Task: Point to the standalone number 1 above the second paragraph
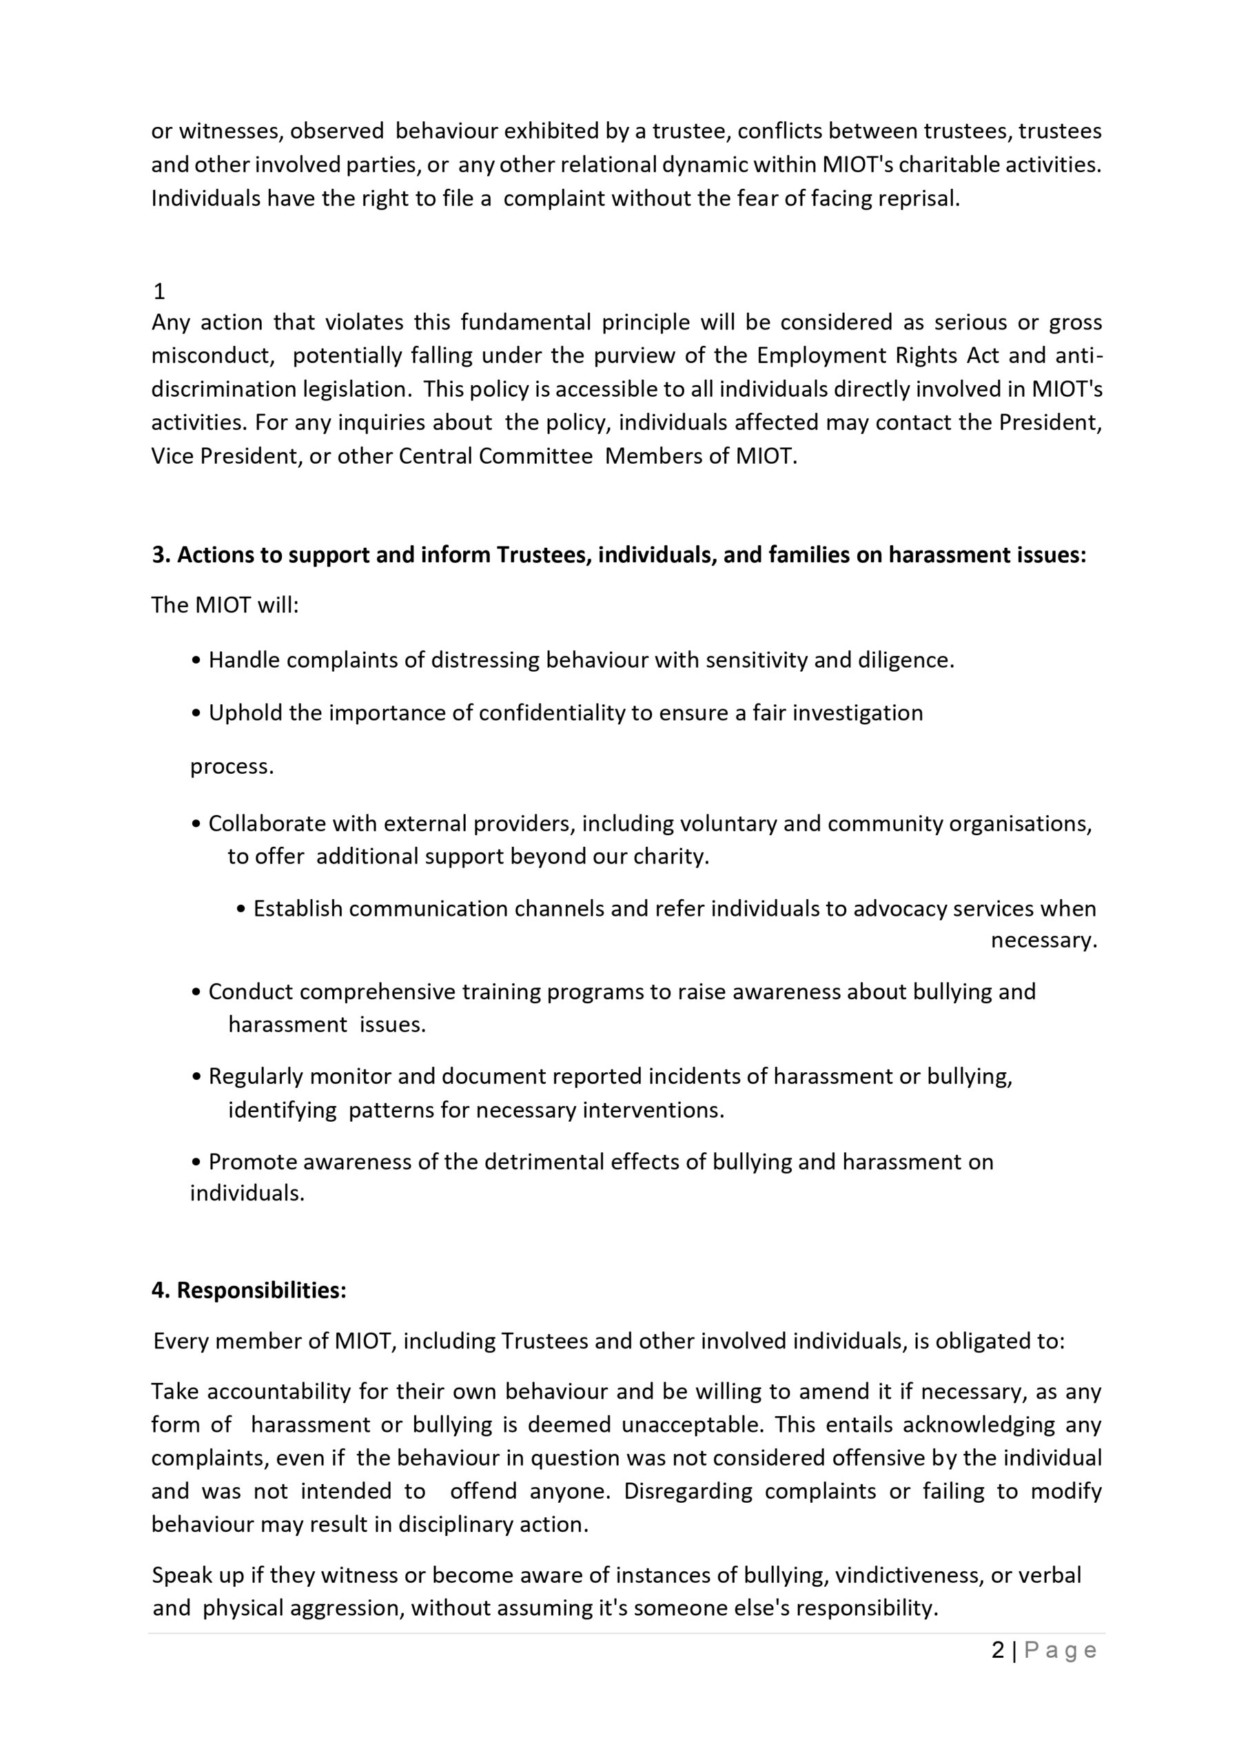pyautogui.click(x=159, y=292)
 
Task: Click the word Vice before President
pyautogui.click(x=172, y=456)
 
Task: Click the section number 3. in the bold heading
pyautogui.click(x=161, y=555)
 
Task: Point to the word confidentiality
pyautogui.click(x=552, y=713)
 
